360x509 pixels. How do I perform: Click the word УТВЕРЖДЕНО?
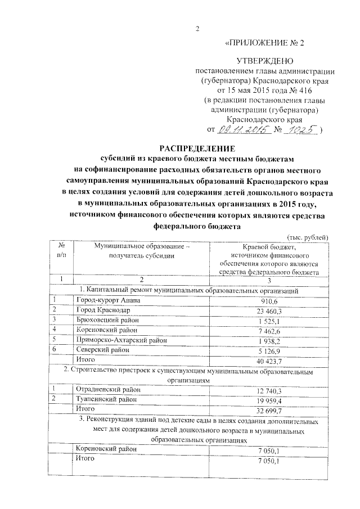[265, 60]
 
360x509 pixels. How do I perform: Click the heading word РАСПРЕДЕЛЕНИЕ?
[197, 148]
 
